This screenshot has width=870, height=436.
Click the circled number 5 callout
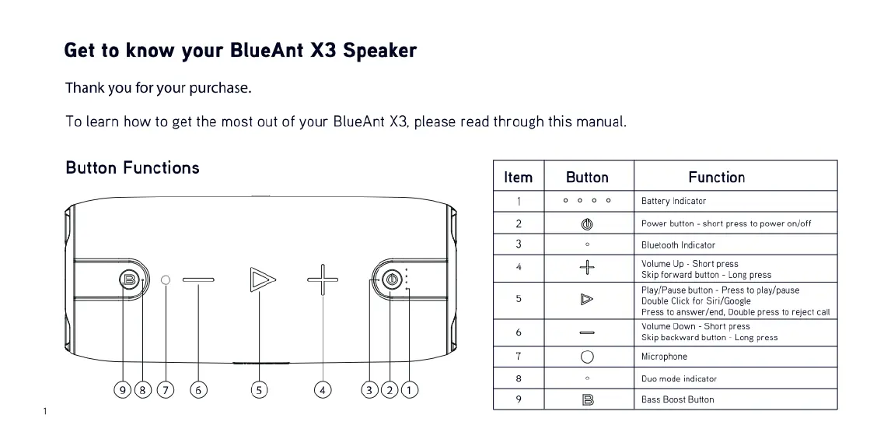[x=259, y=390]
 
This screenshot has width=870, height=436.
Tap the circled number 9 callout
[x=123, y=390]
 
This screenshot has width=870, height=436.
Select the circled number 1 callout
[x=410, y=390]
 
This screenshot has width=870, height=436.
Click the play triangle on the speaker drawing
[x=262, y=280]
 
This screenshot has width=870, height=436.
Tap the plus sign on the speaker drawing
[x=323, y=280]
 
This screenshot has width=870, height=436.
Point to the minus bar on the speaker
[x=198, y=280]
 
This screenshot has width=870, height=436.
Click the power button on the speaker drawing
[x=393, y=280]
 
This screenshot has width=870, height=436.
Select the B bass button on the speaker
[x=129, y=280]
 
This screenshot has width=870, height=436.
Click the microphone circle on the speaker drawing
[x=166, y=280]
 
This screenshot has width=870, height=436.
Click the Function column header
[x=716, y=178]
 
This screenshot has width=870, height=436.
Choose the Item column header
[x=519, y=178]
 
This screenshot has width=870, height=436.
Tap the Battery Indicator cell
[x=673, y=201]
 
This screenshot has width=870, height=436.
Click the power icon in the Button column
[x=587, y=223]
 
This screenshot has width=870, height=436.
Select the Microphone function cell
[x=664, y=357]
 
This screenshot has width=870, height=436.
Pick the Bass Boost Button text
[x=677, y=399]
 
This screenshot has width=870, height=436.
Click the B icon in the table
[x=588, y=399]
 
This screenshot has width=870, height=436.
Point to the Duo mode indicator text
[x=680, y=379]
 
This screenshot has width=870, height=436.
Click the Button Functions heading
[x=133, y=167]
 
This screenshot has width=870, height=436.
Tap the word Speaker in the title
[x=380, y=51]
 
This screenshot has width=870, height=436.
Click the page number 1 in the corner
[x=45, y=412]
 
